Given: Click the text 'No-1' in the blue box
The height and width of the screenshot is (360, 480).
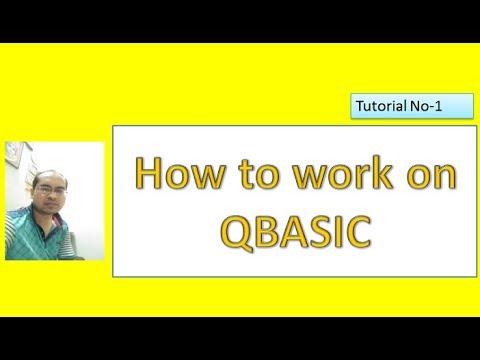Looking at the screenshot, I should click(x=426, y=104).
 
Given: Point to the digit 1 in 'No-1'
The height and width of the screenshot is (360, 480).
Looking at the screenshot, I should click(x=437, y=104).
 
